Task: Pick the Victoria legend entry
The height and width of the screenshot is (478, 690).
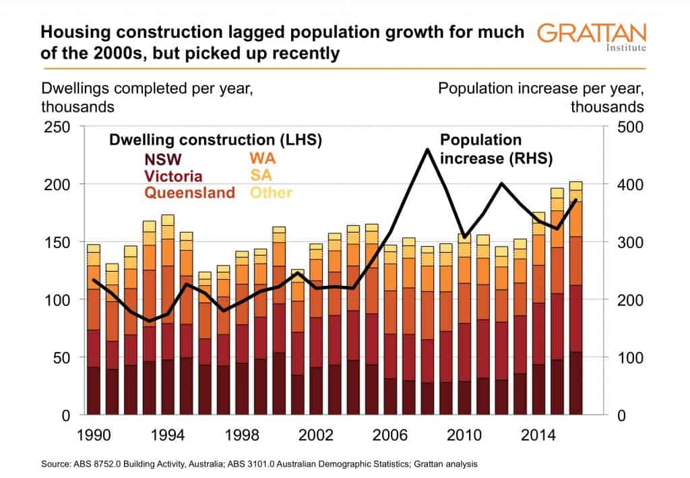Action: coord(172,177)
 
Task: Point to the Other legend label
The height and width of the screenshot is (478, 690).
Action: coord(270,193)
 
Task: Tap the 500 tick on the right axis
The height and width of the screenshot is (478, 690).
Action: coord(631,127)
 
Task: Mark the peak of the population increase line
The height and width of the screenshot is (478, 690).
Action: coord(427,150)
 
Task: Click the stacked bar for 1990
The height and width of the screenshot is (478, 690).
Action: coord(93,330)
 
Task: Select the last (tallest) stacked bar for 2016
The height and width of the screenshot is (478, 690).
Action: coord(575,297)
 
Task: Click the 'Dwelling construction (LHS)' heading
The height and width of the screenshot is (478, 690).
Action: coord(215,140)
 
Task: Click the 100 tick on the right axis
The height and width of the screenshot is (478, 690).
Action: coord(631,357)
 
